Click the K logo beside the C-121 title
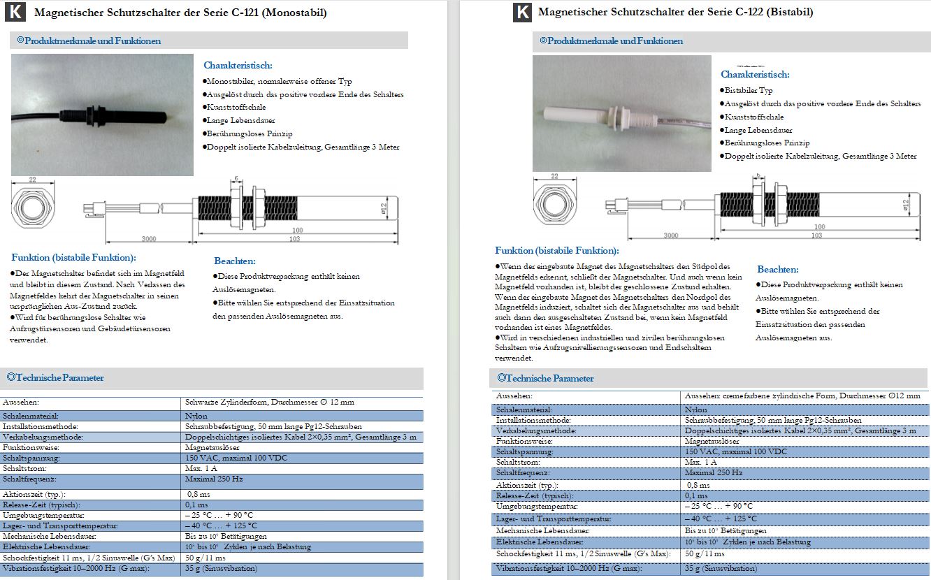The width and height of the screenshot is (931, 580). pos(19,13)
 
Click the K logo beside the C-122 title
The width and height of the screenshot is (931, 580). pos(522,13)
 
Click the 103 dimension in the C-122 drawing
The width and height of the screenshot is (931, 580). pos(815,235)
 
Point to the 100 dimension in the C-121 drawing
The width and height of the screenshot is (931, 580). pos(297,231)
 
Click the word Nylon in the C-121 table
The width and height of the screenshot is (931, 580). pos(195,415)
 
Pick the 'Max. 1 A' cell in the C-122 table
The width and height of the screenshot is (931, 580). pos(700,463)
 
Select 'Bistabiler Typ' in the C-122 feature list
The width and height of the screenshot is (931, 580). pos(749,90)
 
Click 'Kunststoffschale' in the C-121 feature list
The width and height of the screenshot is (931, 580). pos(236,107)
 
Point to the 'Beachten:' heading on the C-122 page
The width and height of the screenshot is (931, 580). pos(778,270)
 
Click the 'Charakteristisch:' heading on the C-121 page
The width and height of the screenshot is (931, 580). pos(238,65)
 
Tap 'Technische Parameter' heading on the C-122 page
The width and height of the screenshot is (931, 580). pos(549,378)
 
